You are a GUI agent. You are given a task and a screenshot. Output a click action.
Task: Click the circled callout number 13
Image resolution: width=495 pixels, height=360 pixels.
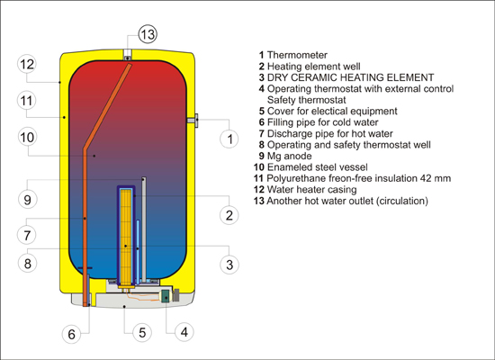148,34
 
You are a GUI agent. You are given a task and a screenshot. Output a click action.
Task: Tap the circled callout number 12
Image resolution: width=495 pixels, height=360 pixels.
27,64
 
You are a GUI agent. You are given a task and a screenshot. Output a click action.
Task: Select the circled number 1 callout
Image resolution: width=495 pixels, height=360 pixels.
229,139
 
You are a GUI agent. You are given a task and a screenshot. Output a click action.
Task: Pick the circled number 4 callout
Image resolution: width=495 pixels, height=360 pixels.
184,332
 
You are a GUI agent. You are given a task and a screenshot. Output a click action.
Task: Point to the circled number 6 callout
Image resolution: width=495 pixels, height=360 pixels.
72,334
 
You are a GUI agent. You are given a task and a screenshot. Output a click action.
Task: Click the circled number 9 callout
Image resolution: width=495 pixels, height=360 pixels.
28,199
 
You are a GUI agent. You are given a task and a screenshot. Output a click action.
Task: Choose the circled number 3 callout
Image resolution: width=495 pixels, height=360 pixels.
229,265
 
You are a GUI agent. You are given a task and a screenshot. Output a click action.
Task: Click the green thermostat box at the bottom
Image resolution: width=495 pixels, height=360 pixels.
165,296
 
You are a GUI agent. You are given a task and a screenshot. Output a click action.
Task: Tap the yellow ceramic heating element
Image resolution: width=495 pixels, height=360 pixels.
126,236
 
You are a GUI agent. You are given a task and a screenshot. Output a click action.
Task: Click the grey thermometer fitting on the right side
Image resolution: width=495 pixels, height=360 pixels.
193,121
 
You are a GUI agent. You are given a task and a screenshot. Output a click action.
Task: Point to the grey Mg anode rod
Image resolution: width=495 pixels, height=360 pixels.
144,229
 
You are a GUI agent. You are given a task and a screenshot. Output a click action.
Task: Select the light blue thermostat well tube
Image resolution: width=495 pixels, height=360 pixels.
138,251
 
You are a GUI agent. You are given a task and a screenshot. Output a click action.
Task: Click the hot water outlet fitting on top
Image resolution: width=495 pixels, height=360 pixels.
128,54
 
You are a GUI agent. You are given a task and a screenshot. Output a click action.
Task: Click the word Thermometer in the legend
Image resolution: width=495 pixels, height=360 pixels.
297,55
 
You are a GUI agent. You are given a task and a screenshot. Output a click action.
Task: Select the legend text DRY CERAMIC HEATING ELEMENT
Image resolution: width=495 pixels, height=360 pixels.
350,77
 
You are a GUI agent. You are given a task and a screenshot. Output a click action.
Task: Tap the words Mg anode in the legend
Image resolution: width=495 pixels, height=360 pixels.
289,156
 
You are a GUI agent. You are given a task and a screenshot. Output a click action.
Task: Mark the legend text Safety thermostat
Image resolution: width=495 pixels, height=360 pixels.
307,100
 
